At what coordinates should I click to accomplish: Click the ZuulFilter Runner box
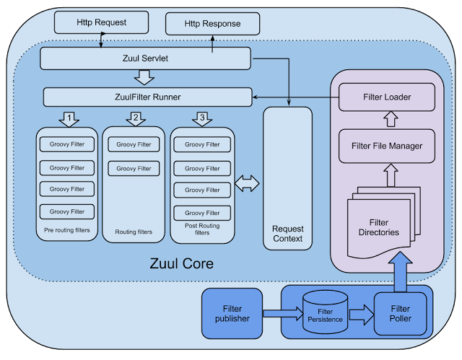point(147,97)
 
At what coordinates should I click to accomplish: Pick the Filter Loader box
point(386,96)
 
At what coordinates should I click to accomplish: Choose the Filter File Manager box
point(386,146)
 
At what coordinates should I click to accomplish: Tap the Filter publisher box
point(232,312)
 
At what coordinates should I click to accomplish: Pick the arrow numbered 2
point(135,118)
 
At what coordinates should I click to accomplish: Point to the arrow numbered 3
point(202,118)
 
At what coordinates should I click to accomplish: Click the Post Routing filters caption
point(202,229)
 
